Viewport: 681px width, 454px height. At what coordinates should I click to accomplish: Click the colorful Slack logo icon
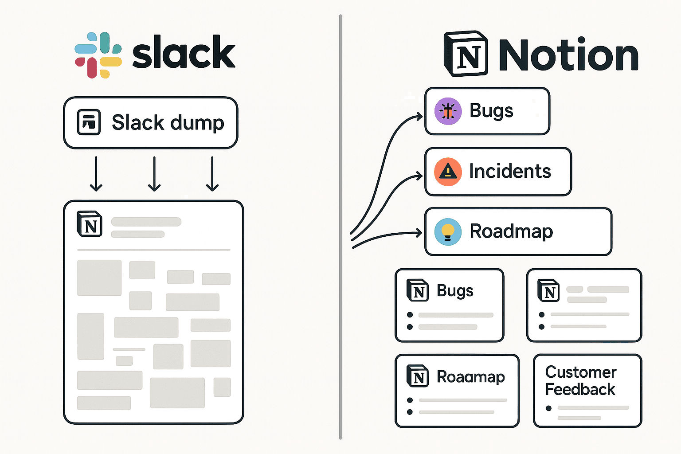98,55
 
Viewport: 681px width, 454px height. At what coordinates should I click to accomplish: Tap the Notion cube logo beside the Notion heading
466,54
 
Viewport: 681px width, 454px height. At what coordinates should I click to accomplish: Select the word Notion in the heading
568,55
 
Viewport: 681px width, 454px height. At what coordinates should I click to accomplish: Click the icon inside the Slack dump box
89,122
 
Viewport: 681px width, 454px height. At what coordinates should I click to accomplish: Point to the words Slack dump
168,122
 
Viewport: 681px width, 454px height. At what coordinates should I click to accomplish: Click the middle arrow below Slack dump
154,174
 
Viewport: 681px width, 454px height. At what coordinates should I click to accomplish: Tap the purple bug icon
448,111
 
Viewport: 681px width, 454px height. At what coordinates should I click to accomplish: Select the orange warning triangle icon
448,172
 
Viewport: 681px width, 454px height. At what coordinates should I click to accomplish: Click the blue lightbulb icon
448,231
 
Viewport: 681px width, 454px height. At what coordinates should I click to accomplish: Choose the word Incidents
510,172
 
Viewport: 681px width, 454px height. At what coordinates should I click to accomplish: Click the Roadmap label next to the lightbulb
511,231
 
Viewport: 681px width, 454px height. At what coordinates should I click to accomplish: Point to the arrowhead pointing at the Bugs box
419,117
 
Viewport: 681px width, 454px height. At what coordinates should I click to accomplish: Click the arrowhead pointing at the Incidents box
419,176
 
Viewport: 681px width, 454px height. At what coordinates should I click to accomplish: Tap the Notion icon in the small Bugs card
417,290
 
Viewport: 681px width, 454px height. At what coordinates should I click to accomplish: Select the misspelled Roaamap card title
470,377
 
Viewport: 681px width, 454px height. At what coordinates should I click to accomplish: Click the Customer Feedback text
580,380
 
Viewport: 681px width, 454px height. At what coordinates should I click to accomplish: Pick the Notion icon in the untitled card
548,290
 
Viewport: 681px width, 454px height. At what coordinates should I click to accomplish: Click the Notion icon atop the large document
89,224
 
